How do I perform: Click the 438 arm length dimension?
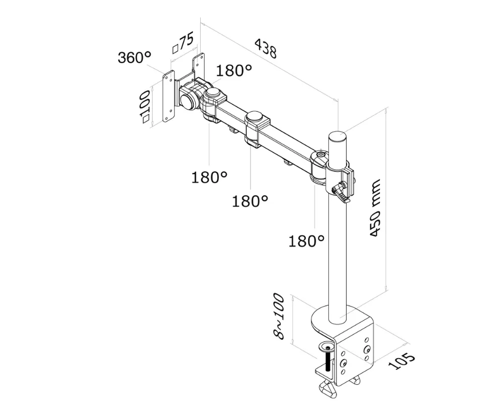point(266,48)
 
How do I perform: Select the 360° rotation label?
point(134,57)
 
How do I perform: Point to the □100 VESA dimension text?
point(146,106)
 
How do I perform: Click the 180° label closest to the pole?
point(306,241)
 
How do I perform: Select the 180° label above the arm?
point(234,71)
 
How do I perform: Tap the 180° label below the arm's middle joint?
point(249,201)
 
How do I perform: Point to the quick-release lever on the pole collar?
point(342,193)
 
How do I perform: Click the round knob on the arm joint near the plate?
point(216,94)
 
